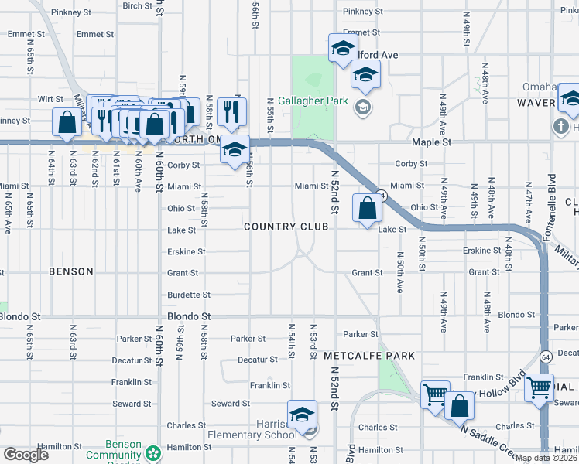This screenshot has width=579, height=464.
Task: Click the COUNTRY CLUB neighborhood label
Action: click(x=286, y=227)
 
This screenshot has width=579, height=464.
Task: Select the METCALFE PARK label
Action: click(x=369, y=356)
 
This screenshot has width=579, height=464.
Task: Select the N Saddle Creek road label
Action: click(x=486, y=439)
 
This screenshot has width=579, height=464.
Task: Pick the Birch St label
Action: click(x=137, y=6)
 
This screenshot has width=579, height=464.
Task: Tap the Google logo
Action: click(x=25, y=455)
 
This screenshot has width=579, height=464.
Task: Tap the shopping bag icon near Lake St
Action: click(x=366, y=208)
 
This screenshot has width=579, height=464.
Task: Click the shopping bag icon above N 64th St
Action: click(x=67, y=121)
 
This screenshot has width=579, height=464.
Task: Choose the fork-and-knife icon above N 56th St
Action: click(x=231, y=112)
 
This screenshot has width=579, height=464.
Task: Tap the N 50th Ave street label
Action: click(x=400, y=272)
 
